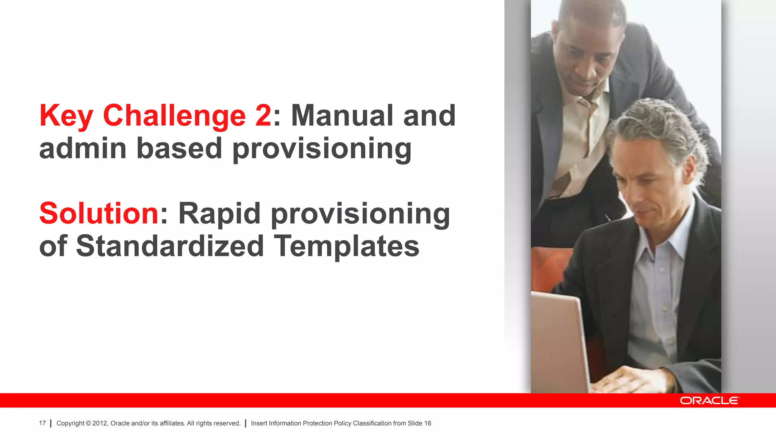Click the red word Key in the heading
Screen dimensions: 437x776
click(x=66, y=116)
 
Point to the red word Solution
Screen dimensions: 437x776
click(x=99, y=213)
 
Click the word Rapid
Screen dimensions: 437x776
click(x=219, y=214)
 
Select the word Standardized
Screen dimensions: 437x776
click(x=170, y=246)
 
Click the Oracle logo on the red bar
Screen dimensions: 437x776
click(x=709, y=401)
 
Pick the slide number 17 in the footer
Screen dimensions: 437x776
click(x=42, y=423)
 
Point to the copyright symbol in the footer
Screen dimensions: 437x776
click(x=88, y=423)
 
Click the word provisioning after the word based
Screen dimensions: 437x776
click(x=322, y=149)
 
